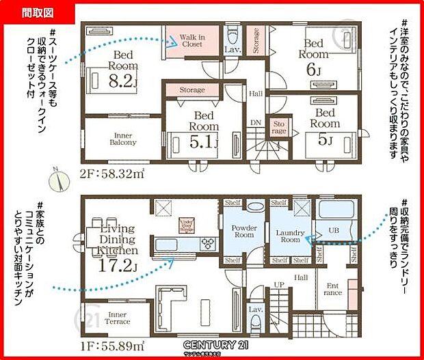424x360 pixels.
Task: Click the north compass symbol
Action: [62, 181]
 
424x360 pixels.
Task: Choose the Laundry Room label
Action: [289, 236]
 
